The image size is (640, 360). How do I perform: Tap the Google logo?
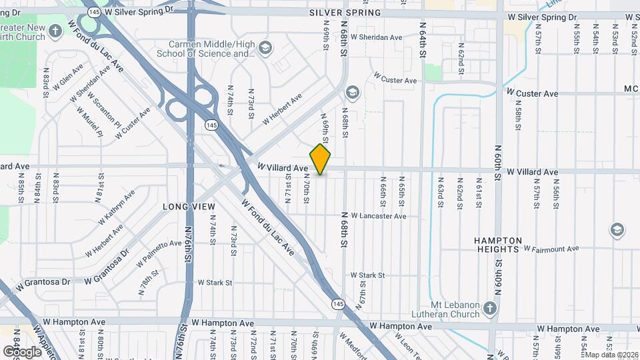point(22,351)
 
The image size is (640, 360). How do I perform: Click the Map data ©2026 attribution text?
point(611,355)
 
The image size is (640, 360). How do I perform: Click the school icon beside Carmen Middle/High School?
point(265,47)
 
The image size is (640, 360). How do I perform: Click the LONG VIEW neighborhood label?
point(189,207)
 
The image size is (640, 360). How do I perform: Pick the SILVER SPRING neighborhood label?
point(345,13)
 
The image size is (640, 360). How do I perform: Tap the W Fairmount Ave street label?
point(551,249)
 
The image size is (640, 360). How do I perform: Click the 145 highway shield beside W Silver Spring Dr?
point(94,13)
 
